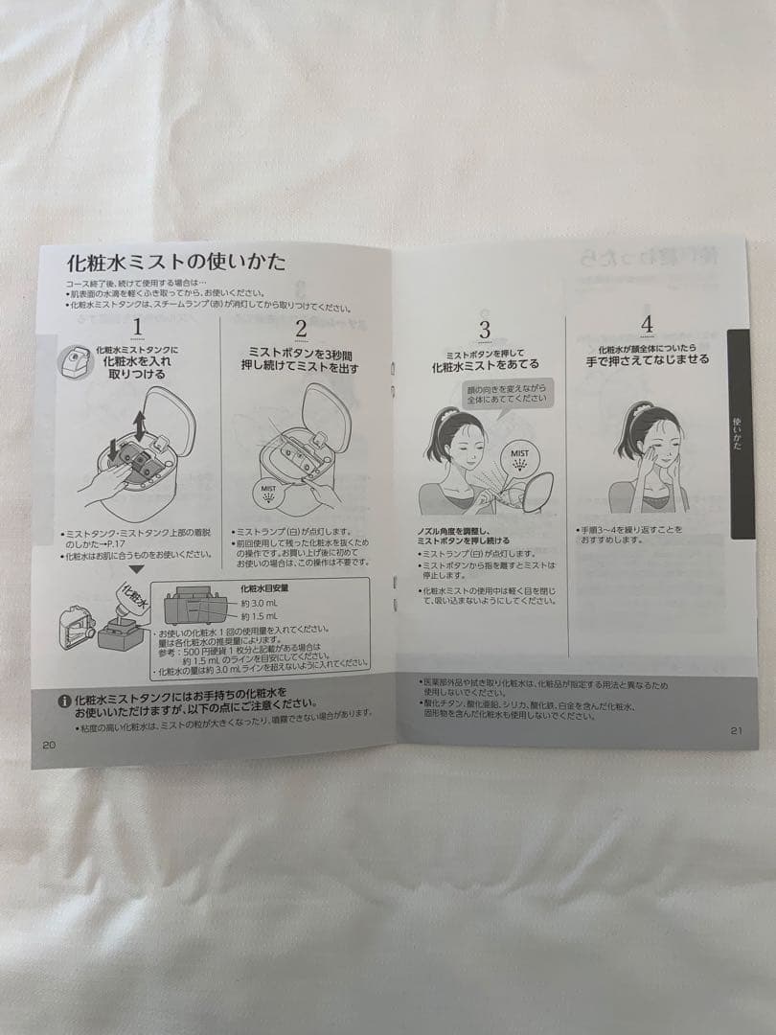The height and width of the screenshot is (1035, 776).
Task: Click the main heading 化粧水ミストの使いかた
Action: click(x=175, y=262)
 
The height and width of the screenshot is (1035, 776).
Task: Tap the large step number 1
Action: click(x=138, y=329)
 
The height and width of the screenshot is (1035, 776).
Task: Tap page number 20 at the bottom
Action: click(x=50, y=744)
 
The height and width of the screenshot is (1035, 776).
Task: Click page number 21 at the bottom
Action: click(x=736, y=730)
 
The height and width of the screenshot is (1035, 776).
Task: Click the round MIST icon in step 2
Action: click(x=269, y=493)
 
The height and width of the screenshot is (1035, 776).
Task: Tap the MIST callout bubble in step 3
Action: click(x=519, y=456)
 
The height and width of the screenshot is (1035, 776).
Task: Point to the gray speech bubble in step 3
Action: click(x=504, y=392)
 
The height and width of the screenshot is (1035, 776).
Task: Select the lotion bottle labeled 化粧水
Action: click(x=129, y=599)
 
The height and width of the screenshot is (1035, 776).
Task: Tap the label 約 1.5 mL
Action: click(x=258, y=616)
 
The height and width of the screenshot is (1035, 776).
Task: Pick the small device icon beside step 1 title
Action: click(x=74, y=358)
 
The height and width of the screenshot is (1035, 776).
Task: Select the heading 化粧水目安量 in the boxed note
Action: click(x=264, y=588)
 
